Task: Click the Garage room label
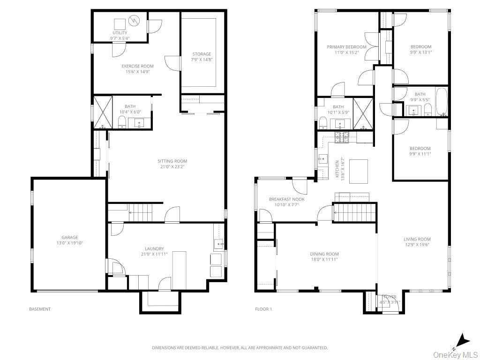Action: pyautogui.click(x=70, y=237)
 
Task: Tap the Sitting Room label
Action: pyautogui.click(x=172, y=161)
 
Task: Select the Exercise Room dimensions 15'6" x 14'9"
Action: pyautogui.click(x=137, y=72)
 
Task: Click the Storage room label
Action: pyautogui.click(x=202, y=54)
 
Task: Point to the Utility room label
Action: pyautogui.click(x=120, y=33)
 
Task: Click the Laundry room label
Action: pyautogui.click(x=155, y=248)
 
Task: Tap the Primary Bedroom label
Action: pyautogui.click(x=346, y=47)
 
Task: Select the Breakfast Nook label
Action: pyautogui.click(x=287, y=199)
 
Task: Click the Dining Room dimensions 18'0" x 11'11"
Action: pyautogui.click(x=324, y=259)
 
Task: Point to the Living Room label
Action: pyautogui.click(x=417, y=239)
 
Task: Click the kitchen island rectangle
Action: pyautogui.click(x=359, y=172)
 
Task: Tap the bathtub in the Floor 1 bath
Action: pyautogui.click(x=442, y=102)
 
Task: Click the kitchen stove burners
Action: pyautogui.click(x=342, y=137)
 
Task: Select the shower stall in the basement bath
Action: pyautogui.click(x=103, y=112)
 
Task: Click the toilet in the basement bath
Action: pyautogui.click(x=122, y=122)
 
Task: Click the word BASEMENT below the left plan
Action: pyautogui.click(x=40, y=309)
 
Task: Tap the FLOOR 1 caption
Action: pyautogui.click(x=263, y=309)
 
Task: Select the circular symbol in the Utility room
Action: pyautogui.click(x=134, y=21)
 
